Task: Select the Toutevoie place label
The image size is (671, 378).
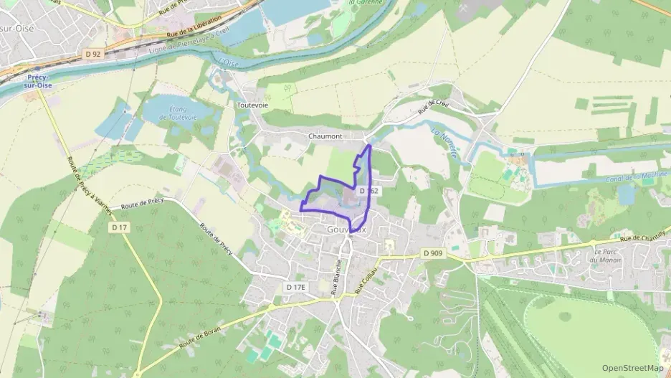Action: pyautogui.click(x=252, y=104)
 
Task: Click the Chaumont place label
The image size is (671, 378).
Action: pyautogui.click(x=325, y=136)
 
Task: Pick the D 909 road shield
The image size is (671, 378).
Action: pyautogui.click(x=433, y=253)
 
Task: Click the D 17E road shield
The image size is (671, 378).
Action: pyautogui.click(x=295, y=287)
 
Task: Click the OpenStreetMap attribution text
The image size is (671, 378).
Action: pyautogui.click(x=632, y=368)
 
